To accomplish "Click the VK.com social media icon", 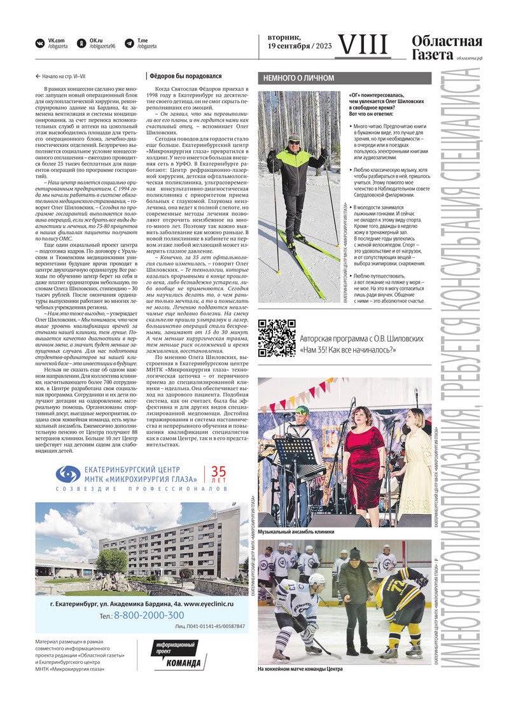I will pos(40,43).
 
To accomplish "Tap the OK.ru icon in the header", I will pos(81,43).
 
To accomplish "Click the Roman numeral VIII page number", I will pos(362,45).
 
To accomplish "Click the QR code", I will pos(276,338).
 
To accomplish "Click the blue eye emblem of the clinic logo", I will pos(67,475).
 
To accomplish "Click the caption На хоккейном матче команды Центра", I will pos(300,669).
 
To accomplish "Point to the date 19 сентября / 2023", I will pos(299,46).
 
